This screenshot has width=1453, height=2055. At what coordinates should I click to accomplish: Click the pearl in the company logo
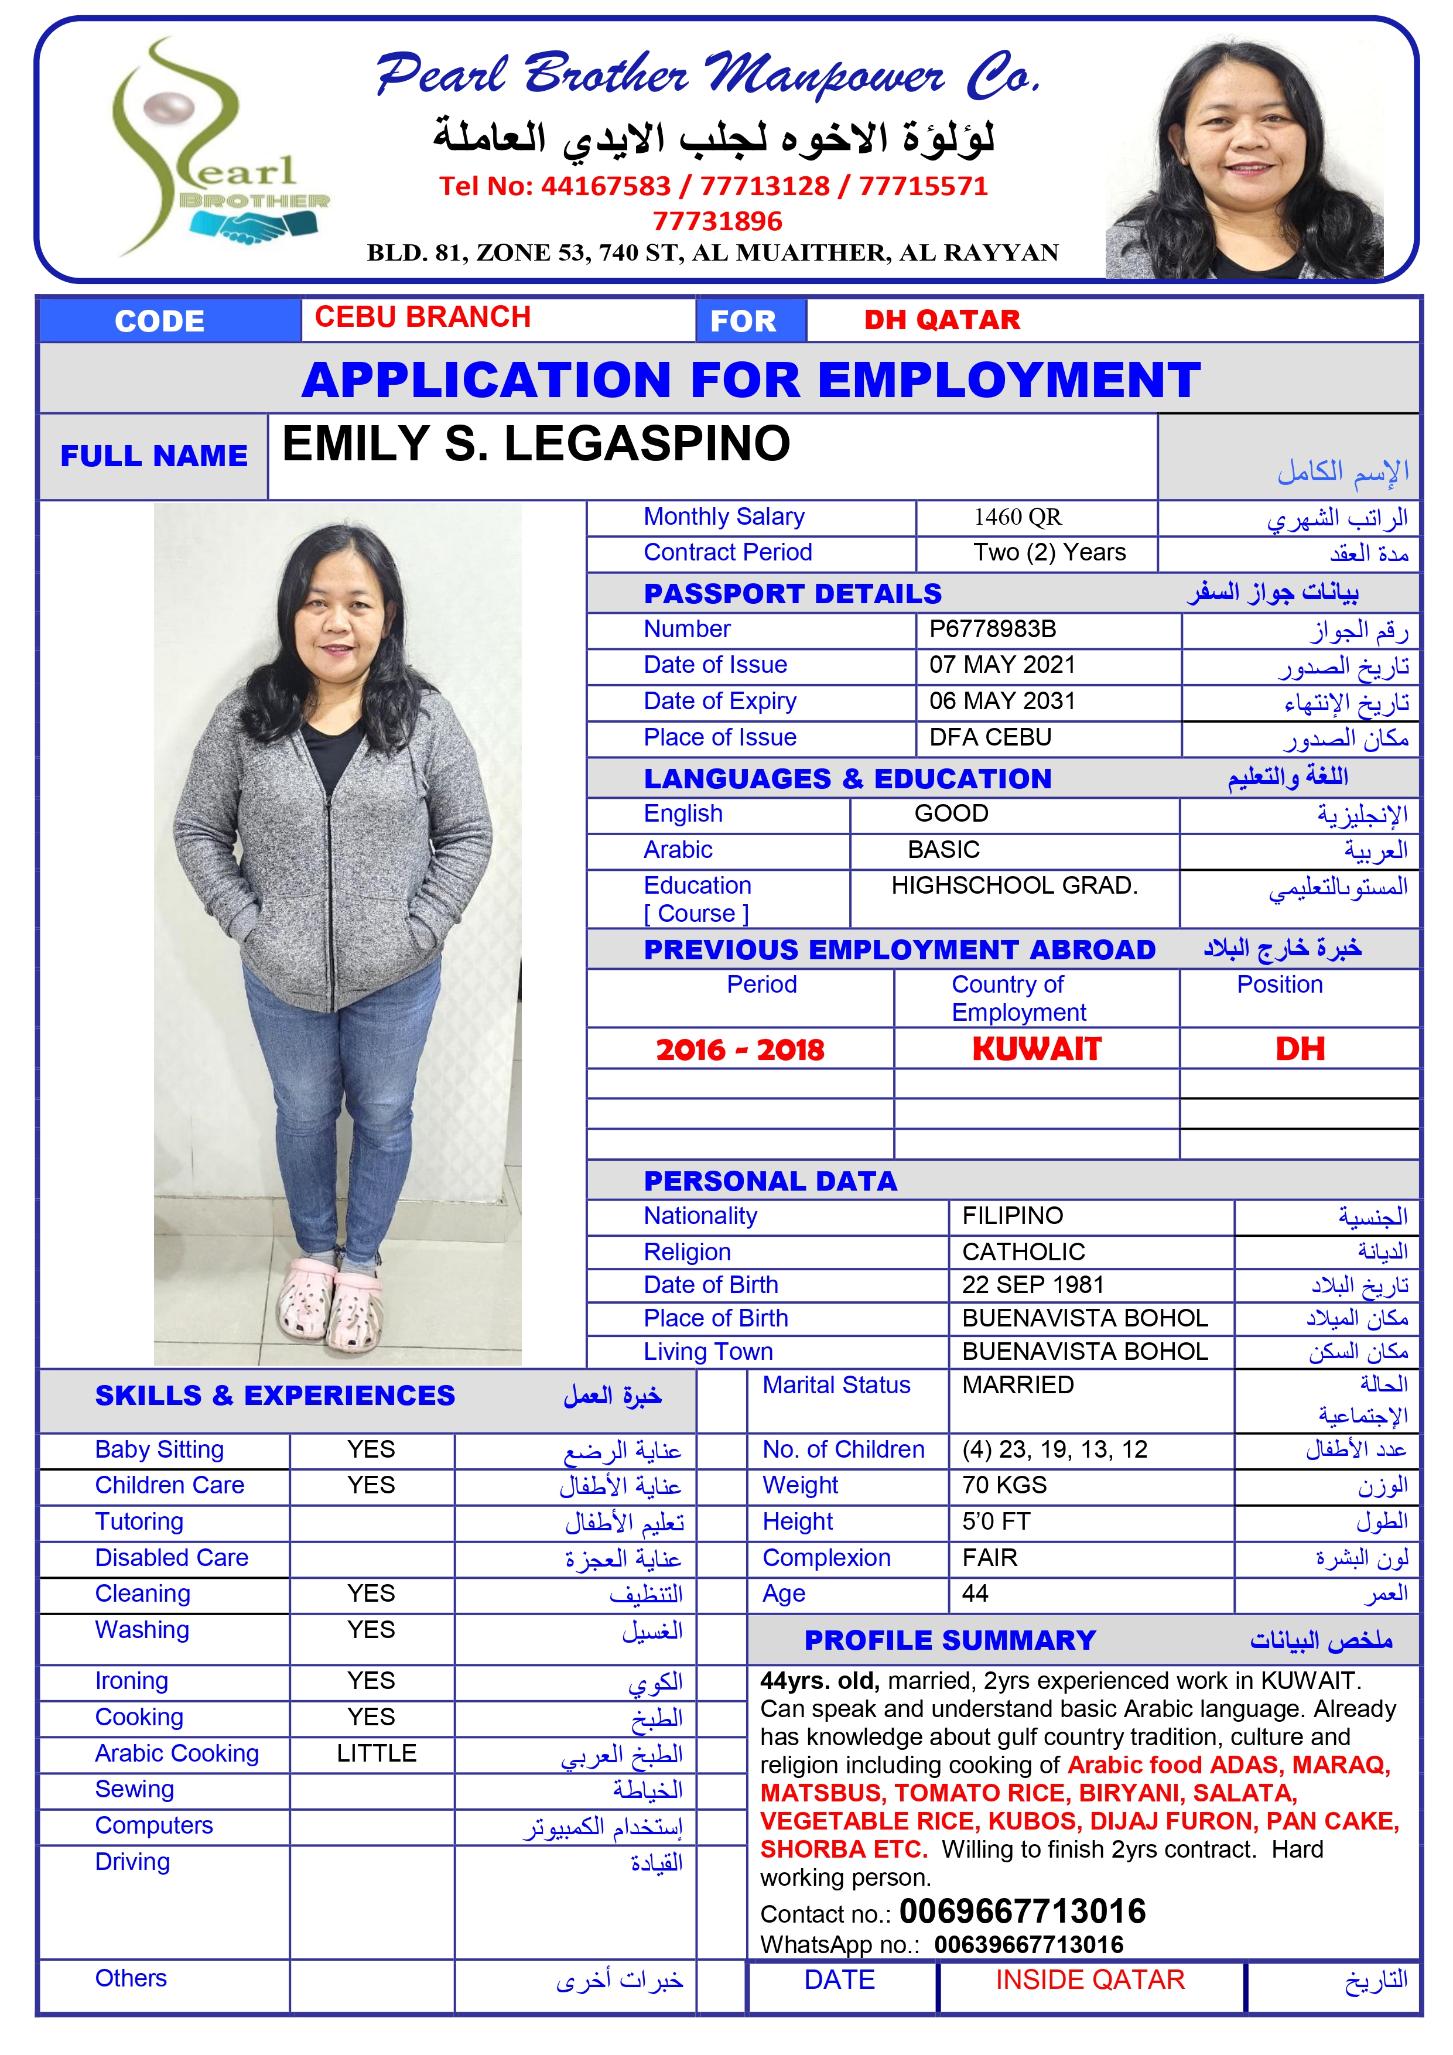173,111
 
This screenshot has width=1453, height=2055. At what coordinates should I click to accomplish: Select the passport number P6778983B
992,629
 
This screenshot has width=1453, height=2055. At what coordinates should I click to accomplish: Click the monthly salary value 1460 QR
1017,517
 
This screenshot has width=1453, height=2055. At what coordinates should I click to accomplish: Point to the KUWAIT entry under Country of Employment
1036,1049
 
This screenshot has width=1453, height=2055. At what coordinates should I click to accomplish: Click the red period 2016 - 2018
740,1050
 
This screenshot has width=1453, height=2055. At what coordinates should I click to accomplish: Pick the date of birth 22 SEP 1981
1033,1285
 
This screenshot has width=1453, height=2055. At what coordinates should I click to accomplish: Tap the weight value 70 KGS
1004,1486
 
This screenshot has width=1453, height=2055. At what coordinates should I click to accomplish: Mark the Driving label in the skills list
132,1862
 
